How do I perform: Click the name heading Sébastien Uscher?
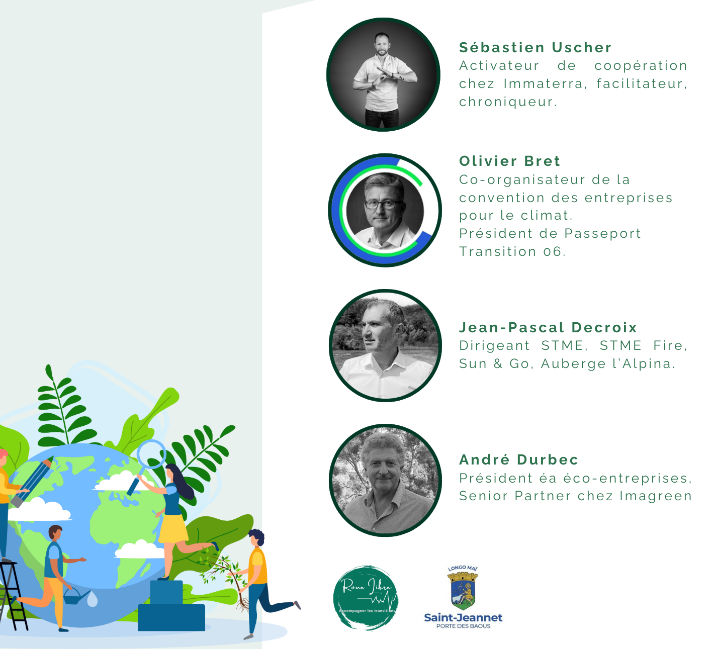click(535, 47)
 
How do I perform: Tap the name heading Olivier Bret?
click(509, 161)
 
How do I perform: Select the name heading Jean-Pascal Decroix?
click(548, 327)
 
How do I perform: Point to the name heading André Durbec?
click(518, 459)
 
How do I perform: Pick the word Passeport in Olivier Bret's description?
click(602, 234)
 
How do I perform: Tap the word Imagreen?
click(655, 496)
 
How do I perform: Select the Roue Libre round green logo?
click(366, 597)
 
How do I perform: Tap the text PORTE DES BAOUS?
click(463, 626)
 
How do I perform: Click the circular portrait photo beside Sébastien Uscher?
click(383, 75)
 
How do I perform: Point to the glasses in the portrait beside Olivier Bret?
click(384, 204)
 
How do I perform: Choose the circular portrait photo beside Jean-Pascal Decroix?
click(385, 345)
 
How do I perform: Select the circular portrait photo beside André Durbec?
click(385, 480)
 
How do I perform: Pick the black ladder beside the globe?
click(13, 596)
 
